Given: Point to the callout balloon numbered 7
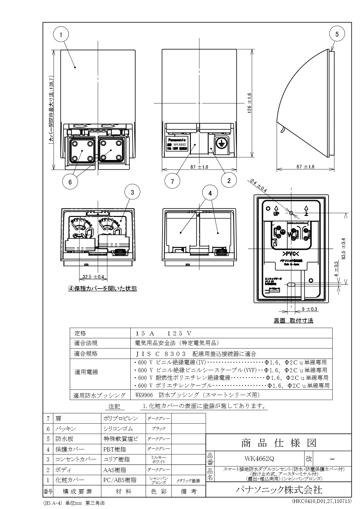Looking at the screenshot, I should pyautogui.click(x=172, y=181).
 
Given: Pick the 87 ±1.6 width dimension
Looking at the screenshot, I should pyautogui.click(x=199, y=167).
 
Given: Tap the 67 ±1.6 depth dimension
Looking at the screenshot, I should pyautogui.click(x=305, y=167).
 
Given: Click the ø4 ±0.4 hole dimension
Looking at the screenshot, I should pyautogui.click(x=258, y=185).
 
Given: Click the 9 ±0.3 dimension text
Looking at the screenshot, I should pyautogui.click(x=309, y=309).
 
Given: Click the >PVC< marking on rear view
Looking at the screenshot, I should pyautogui.click(x=290, y=253).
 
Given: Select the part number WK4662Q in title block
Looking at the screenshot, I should pyautogui.click(x=259, y=458).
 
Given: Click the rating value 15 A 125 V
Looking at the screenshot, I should pyautogui.click(x=164, y=333).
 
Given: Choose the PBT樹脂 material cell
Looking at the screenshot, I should pyautogui.click(x=115, y=449).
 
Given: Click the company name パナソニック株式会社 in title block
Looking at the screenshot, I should pyautogui.click(x=278, y=489).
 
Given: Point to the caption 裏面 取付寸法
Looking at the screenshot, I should pyautogui.click(x=293, y=321).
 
